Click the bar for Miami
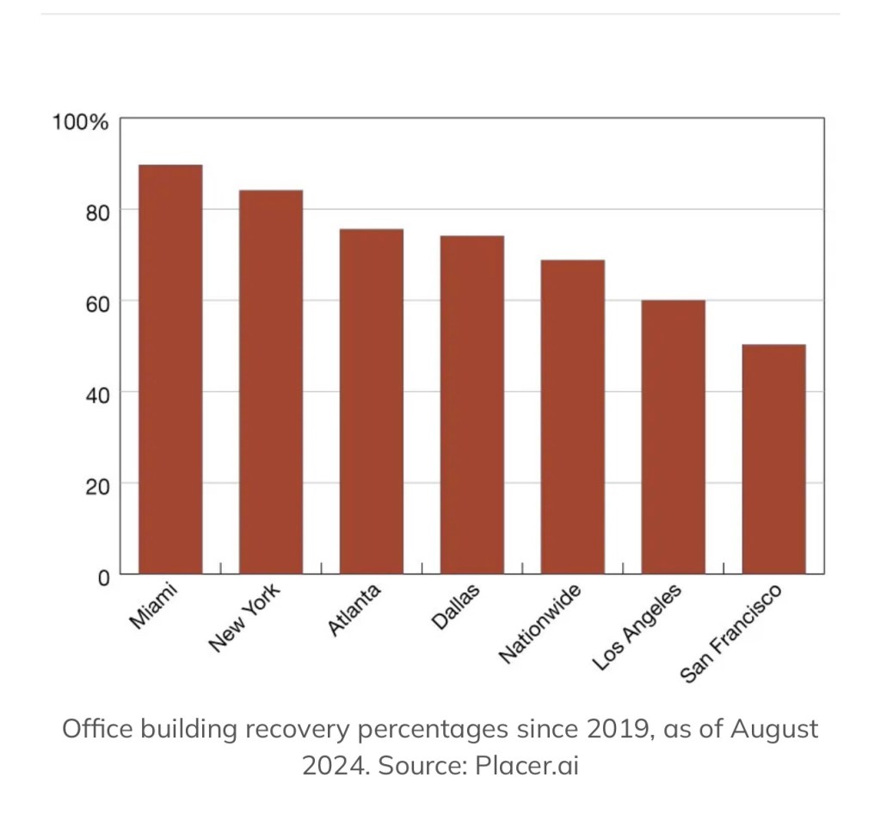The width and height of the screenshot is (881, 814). [170, 369]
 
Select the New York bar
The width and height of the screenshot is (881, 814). [271, 382]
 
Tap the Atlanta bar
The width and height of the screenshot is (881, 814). [372, 401]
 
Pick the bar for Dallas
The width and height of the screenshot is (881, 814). [472, 405]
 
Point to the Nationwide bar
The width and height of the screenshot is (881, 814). [573, 417]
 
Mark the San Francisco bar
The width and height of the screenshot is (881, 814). [774, 459]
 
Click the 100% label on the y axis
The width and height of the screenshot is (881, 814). [80, 122]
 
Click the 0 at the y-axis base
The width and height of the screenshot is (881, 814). [103, 577]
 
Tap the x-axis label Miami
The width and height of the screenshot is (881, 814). [152, 606]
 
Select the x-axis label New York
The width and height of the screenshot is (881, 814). [244, 617]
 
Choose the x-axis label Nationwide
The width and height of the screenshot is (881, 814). [540, 623]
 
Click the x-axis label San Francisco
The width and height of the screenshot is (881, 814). [732, 633]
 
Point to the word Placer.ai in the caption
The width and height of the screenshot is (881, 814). [527, 765]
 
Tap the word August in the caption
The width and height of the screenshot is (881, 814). [774, 730]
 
